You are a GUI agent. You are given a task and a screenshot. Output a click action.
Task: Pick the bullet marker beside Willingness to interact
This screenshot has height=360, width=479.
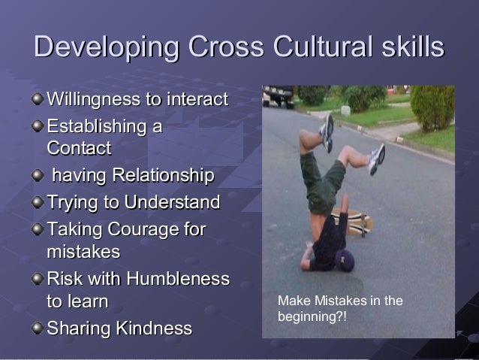click(x=38, y=99)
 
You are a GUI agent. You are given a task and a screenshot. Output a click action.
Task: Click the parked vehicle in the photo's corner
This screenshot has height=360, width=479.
click(x=279, y=95)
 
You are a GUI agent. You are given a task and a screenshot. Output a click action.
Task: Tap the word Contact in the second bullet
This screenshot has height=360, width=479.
click(x=78, y=148)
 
